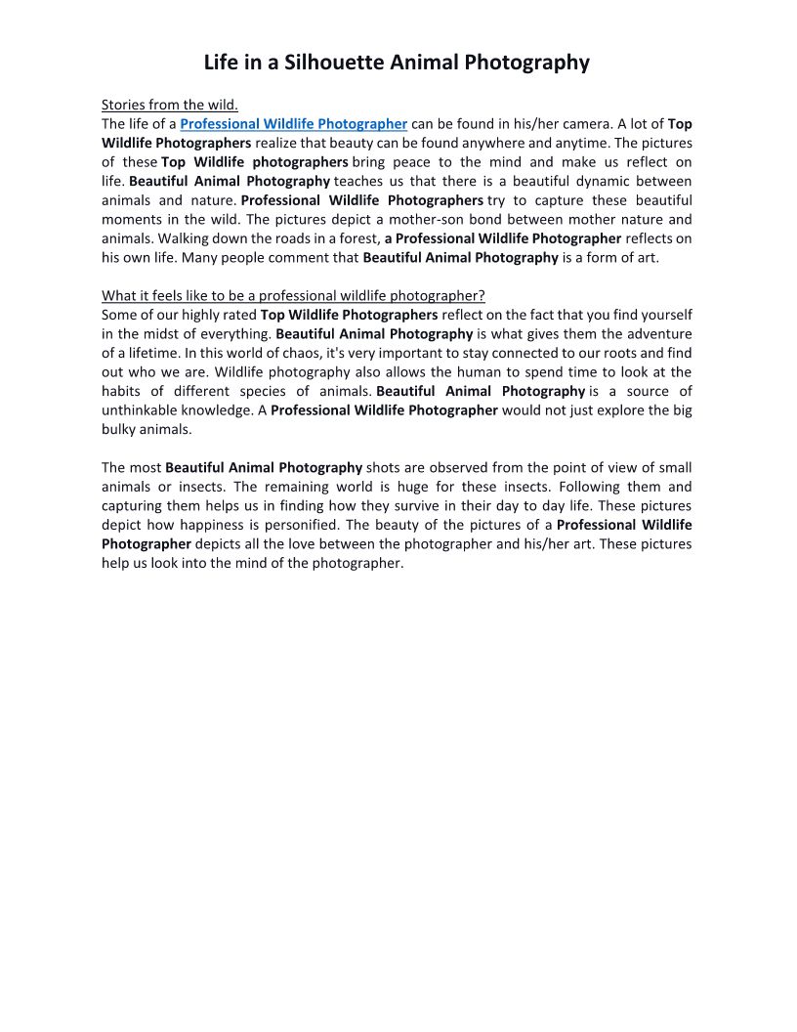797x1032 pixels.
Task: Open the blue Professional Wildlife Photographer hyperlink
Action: click(x=293, y=124)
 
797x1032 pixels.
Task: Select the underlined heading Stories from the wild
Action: click(x=170, y=105)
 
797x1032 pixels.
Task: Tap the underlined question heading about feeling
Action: click(x=293, y=296)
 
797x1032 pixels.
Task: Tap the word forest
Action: click(x=354, y=238)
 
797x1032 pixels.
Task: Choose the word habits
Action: click(x=124, y=391)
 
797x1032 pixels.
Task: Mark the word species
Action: click(x=273, y=391)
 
